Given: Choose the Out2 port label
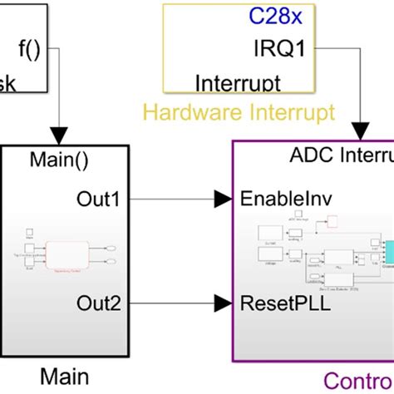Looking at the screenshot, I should tap(99, 302).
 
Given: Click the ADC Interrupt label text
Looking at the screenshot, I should tap(342, 155).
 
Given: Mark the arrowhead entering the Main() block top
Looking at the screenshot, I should tap(58, 135).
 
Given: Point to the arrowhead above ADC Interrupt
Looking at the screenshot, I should tap(360, 131).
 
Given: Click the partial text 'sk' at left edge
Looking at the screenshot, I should tap(10, 83).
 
